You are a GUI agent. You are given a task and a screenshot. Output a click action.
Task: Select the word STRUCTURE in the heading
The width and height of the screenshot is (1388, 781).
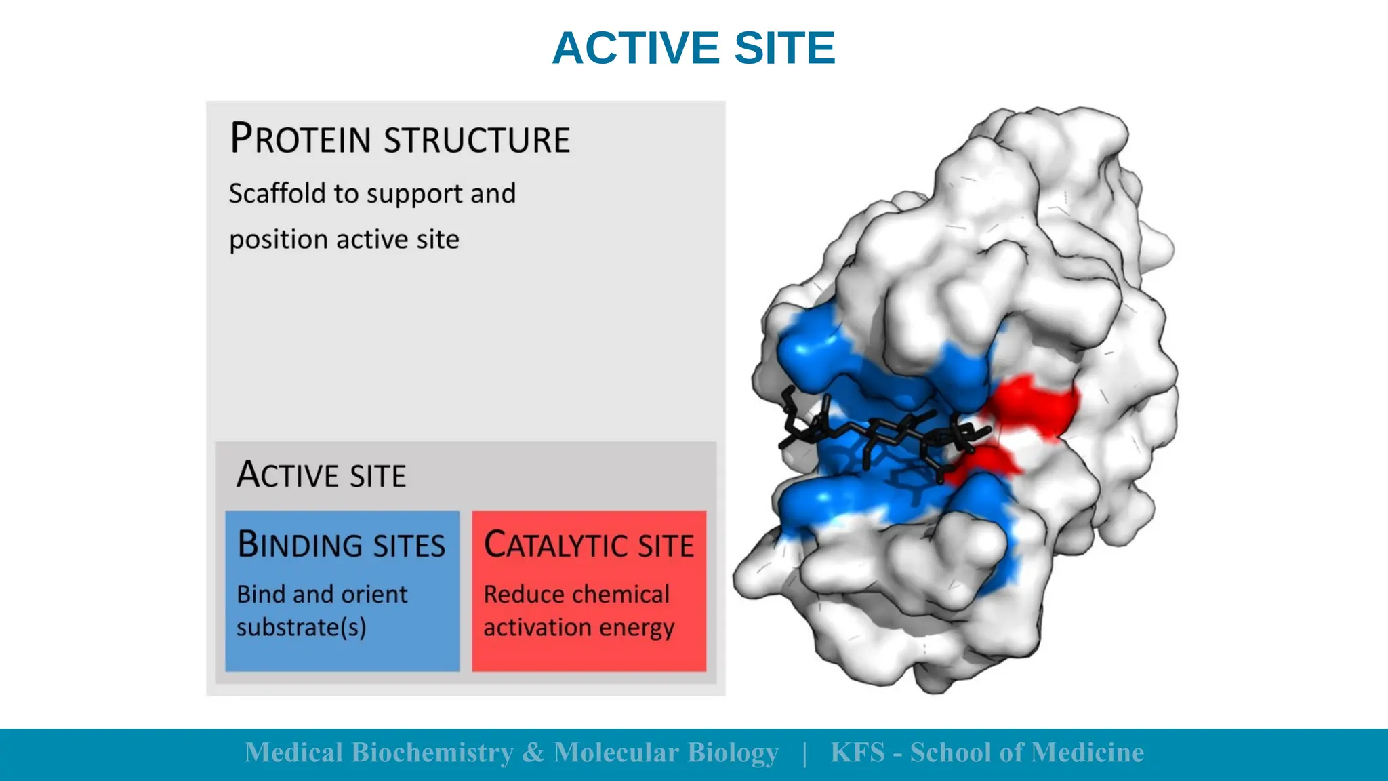pos(477,140)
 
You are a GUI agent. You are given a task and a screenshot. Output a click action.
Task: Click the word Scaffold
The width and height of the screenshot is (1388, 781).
pos(277,193)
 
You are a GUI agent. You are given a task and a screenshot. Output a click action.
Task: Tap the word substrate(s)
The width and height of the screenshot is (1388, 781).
pos(301,627)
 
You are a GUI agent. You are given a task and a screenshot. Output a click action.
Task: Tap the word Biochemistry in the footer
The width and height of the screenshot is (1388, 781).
pos(432,753)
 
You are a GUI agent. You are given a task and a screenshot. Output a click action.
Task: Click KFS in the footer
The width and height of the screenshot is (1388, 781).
pos(857,753)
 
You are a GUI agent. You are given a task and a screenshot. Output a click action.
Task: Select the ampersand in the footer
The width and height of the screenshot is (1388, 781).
pos(533,753)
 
